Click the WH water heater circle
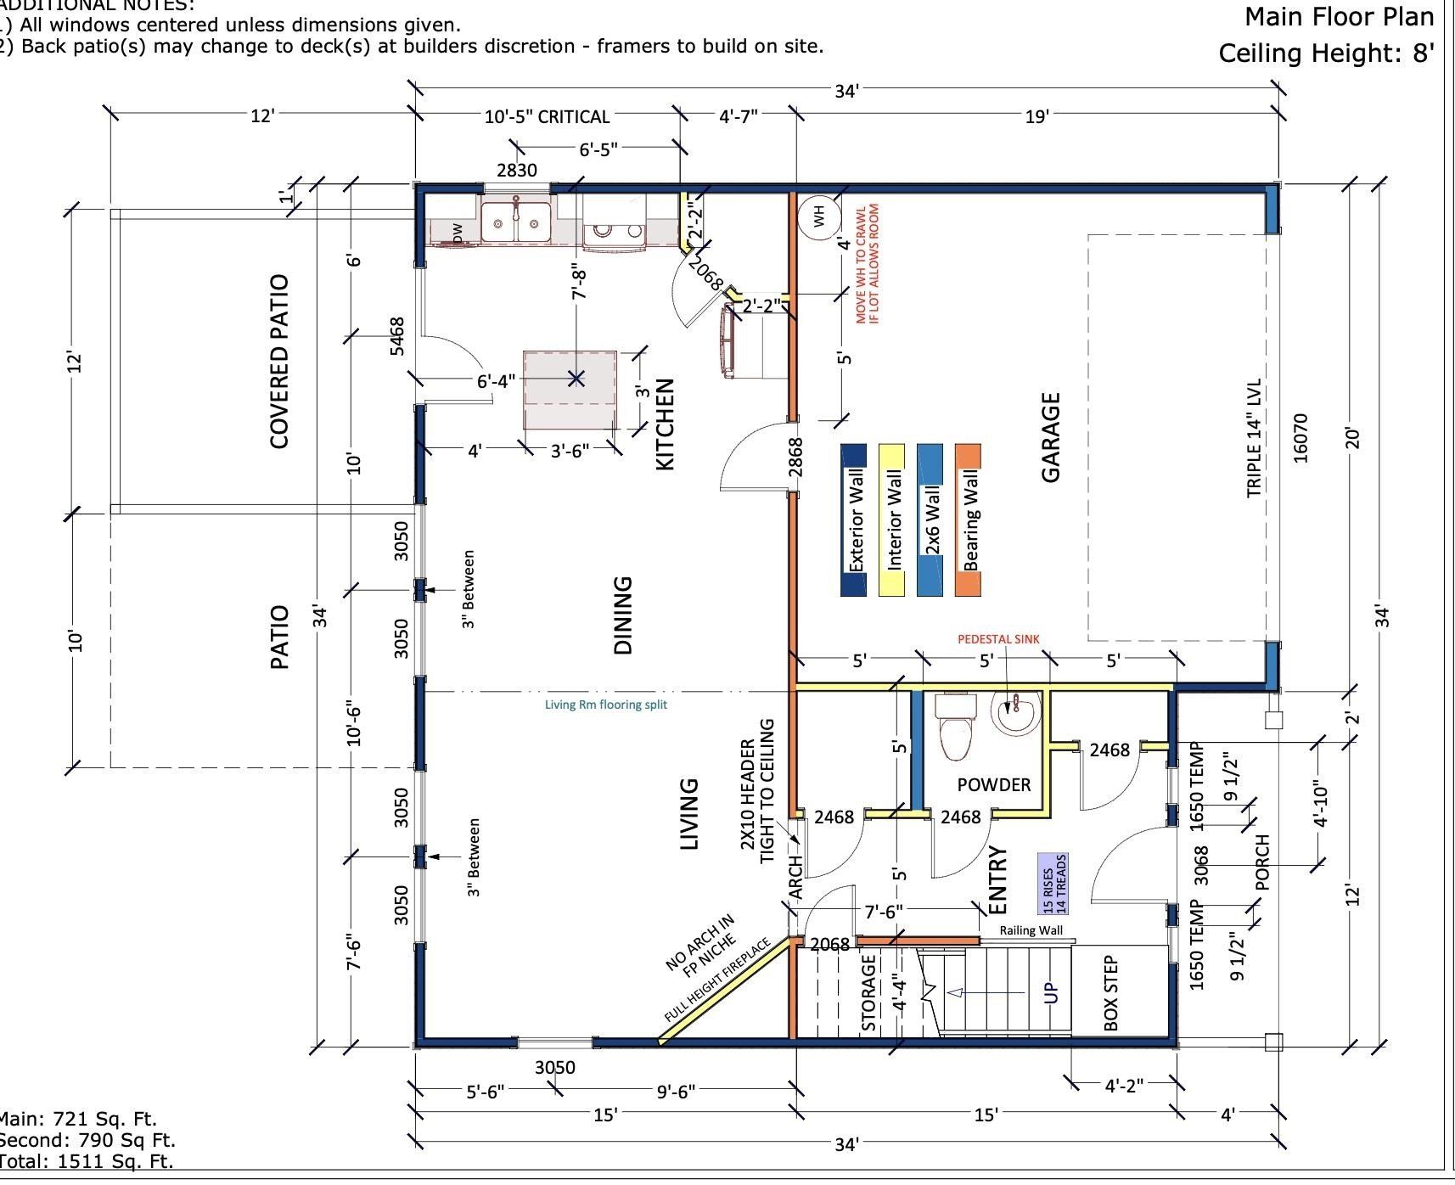(x=819, y=216)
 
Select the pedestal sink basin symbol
(x=1016, y=713)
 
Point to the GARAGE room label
(x=1051, y=437)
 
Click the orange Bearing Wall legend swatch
(x=969, y=519)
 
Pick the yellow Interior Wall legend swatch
(x=891, y=519)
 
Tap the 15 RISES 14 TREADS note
(x=1053, y=884)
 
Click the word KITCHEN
(x=665, y=424)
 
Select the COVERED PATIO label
(x=279, y=361)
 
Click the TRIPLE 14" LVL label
(x=1255, y=438)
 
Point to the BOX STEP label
(x=1110, y=993)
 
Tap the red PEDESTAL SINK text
(x=998, y=639)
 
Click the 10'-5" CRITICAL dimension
(x=547, y=117)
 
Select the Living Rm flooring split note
(x=605, y=705)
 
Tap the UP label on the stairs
(x=1051, y=992)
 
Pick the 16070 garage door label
(x=1300, y=438)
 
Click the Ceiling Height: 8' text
(x=1326, y=53)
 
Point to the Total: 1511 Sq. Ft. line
(x=86, y=1161)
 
